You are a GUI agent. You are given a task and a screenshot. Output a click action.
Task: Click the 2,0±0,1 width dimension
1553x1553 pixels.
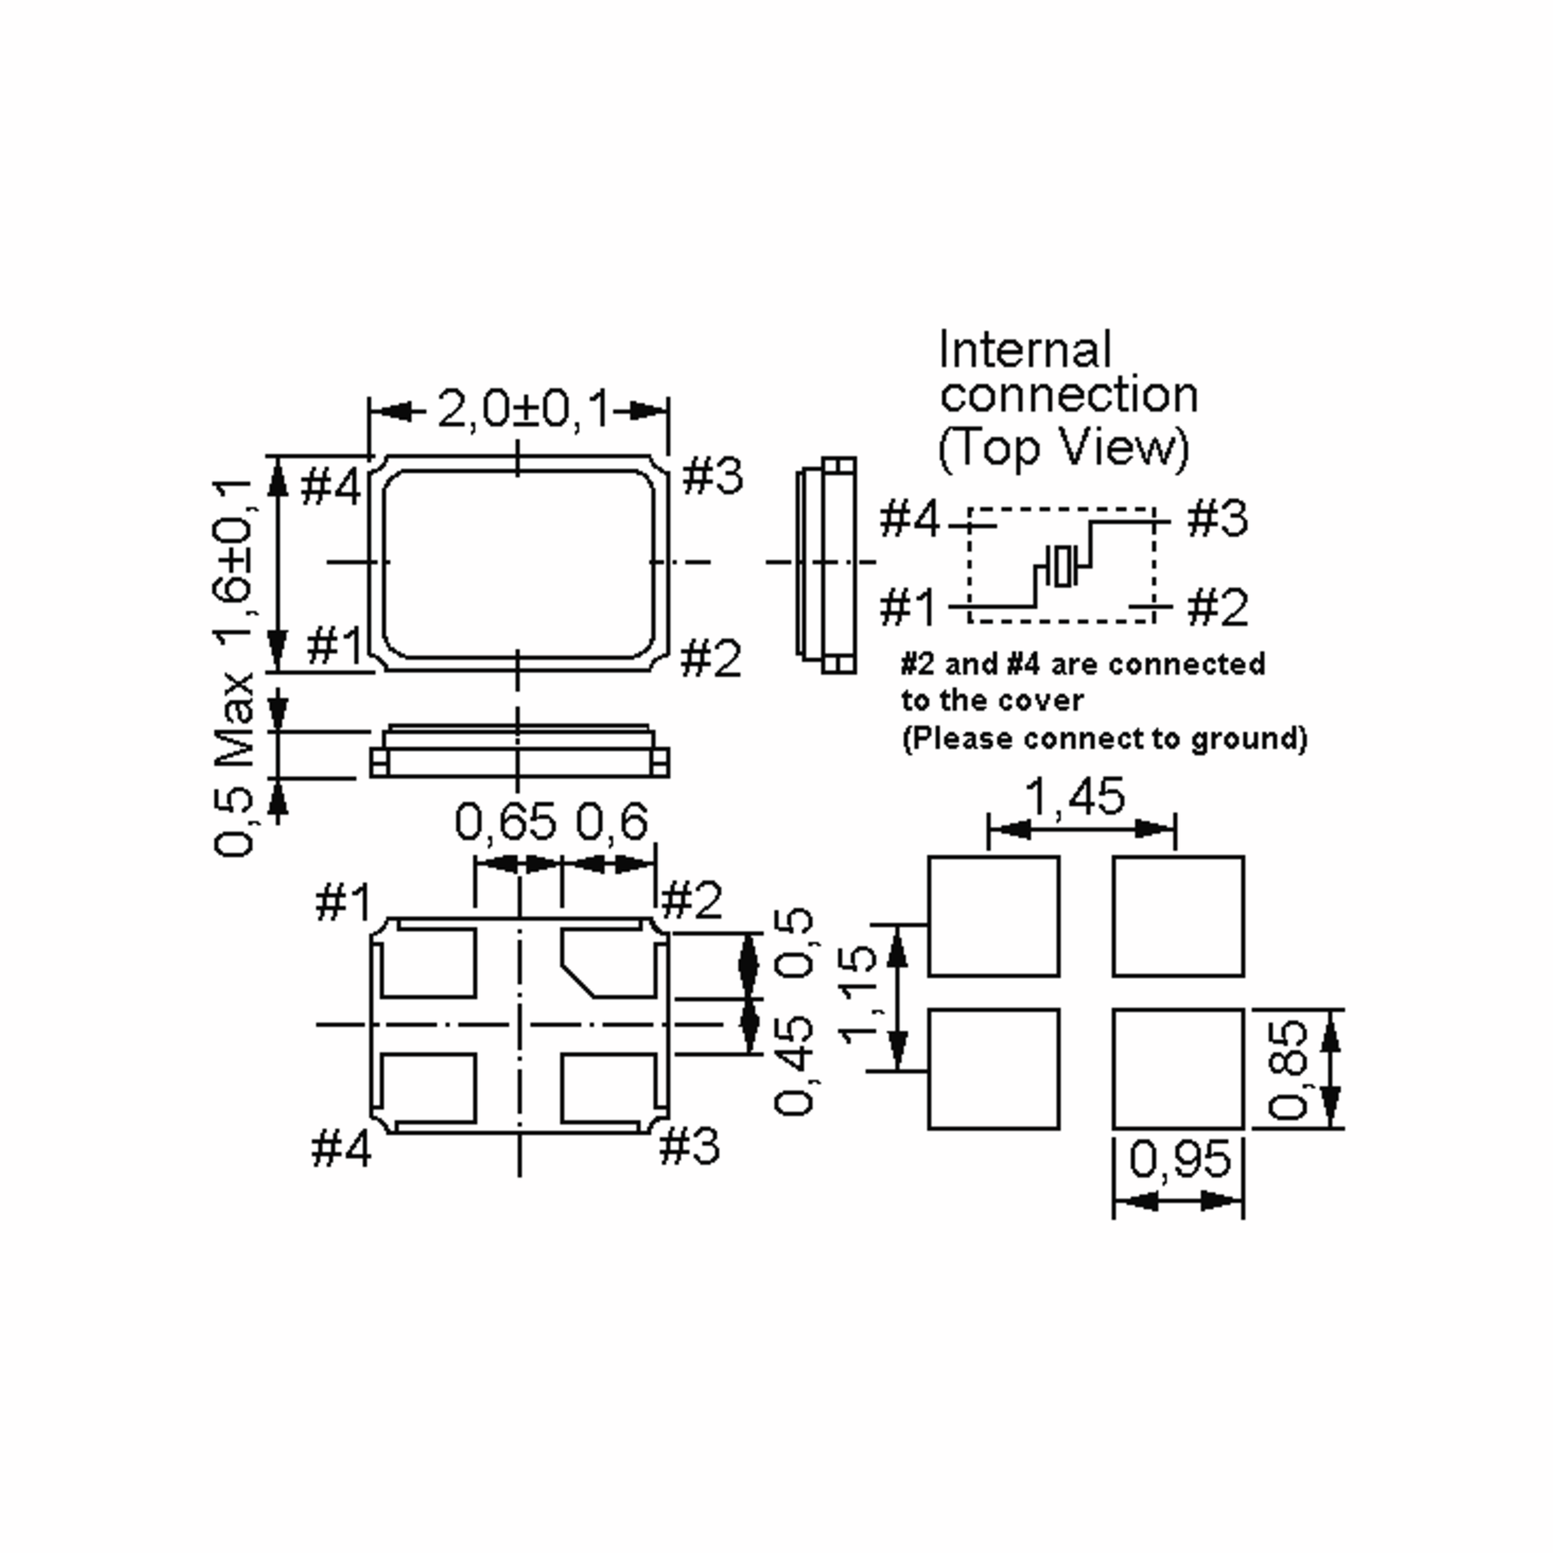point(523,410)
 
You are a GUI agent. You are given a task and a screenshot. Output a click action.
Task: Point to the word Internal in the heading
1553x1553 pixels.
point(1026,351)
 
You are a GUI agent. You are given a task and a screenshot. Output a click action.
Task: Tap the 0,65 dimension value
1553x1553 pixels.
point(505,822)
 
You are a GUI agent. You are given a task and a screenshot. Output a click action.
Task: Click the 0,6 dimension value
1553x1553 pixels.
point(611,822)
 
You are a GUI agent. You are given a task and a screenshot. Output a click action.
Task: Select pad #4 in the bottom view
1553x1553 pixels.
point(428,1088)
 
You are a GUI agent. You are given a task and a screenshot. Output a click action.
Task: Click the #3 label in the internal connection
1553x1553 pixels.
point(1218,518)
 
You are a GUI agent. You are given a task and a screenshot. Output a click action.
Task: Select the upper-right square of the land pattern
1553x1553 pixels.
point(1178,916)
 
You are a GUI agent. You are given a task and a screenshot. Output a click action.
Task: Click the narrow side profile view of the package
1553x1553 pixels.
point(827,564)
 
